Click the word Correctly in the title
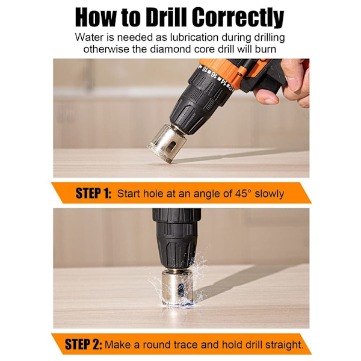click(238, 18)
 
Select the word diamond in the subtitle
click(171, 49)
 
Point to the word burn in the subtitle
click(265, 49)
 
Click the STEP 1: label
click(93, 193)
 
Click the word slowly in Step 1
click(270, 194)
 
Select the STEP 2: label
click(84, 344)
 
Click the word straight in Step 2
click(284, 345)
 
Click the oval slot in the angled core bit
click(171, 146)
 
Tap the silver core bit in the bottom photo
click(177, 288)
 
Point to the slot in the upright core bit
click(182, 289)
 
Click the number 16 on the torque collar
click(214, 75)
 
